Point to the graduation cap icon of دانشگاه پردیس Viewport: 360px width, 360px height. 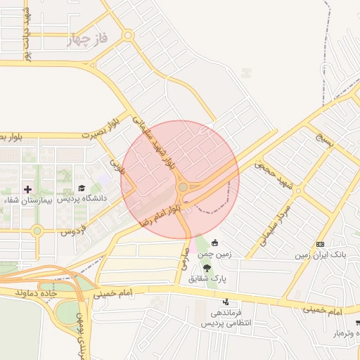(x=82, y=188)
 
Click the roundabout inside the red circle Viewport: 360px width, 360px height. (x=184, y=187)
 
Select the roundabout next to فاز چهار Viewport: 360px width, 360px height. (x=127, y=34)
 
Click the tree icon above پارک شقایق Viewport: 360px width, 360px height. (x=207, y=267)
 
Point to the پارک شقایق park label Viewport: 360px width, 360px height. (x=207, y=278)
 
